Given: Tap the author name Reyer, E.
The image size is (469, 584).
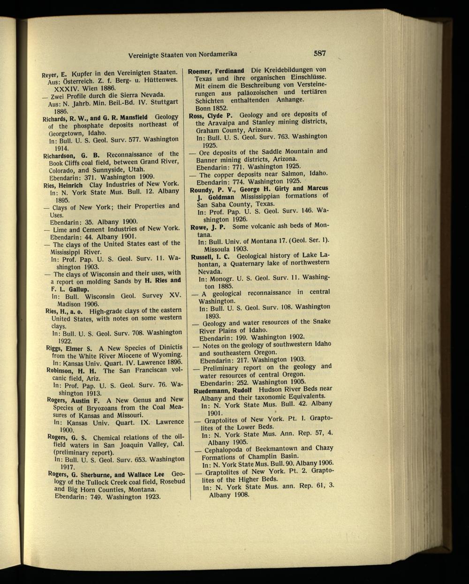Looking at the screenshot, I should coord(55,74).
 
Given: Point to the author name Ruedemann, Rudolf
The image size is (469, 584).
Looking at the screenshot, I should coord(223,389).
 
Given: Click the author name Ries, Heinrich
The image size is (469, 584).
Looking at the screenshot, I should coord(64,185).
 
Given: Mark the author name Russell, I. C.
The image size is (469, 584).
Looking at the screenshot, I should coord(210,257).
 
